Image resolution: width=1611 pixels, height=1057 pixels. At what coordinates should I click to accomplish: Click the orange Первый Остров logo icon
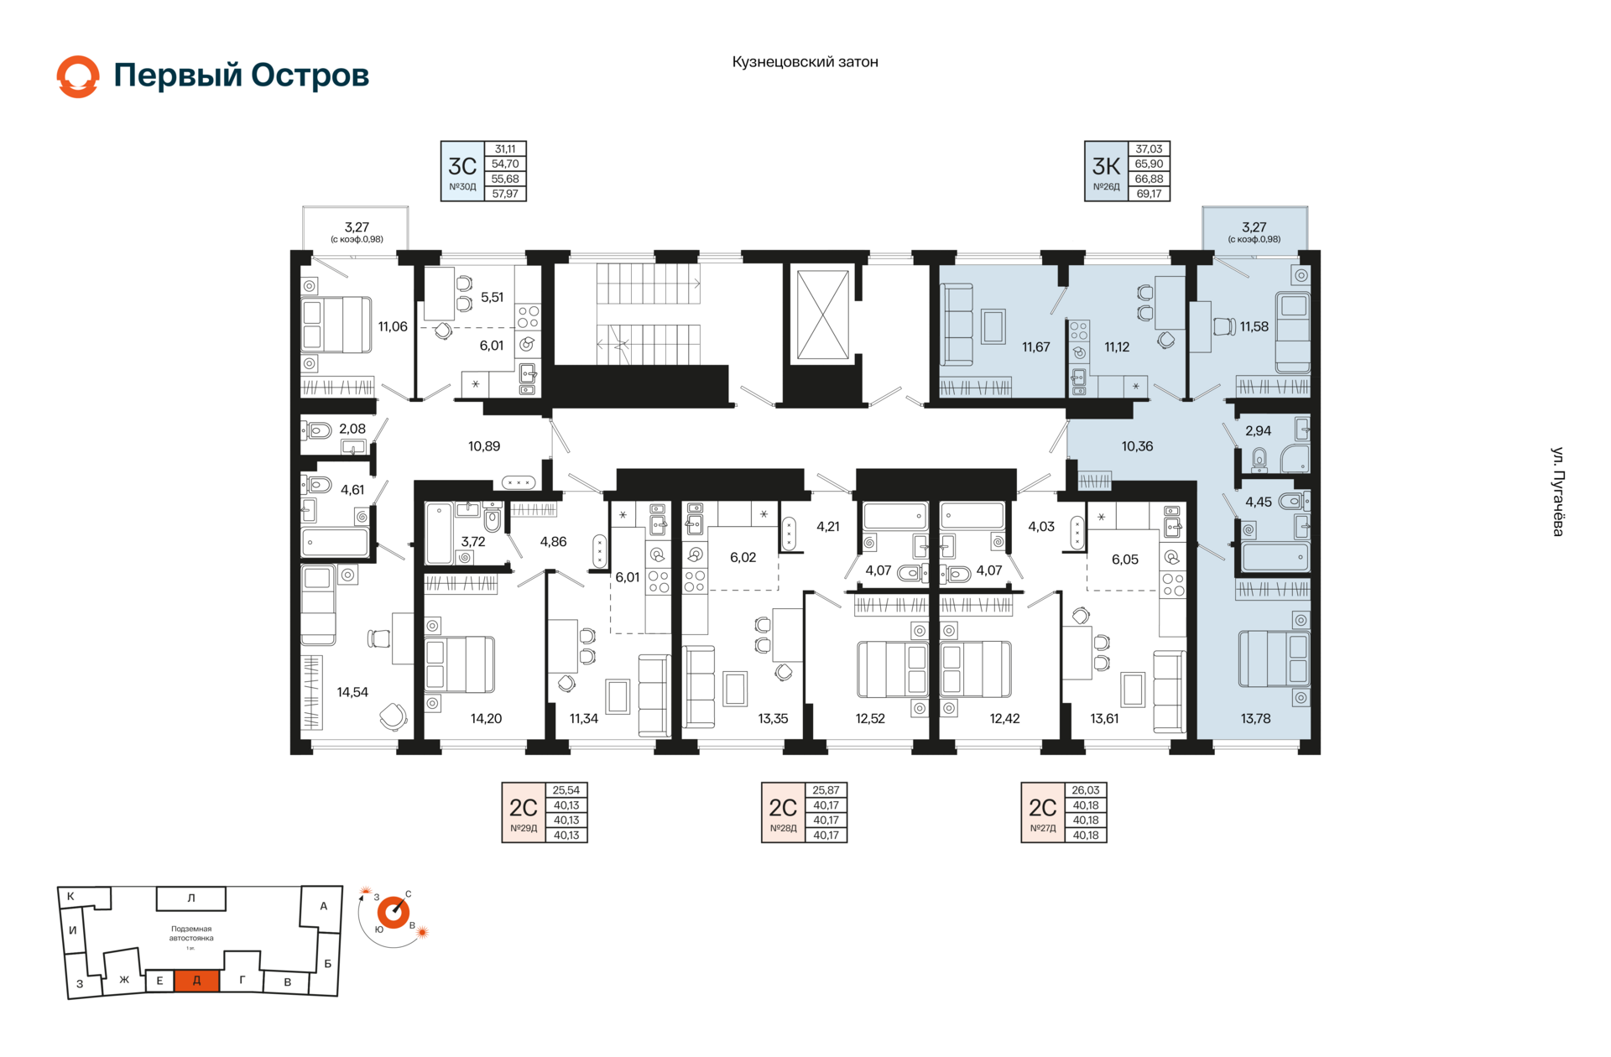pyautogui.click(x=78, y=76)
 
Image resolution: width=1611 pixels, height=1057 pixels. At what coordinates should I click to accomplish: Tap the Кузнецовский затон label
pyautogui.click(x=805, y=62)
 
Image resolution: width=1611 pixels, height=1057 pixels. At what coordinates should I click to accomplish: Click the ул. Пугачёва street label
pyautogui.click(x=1557, y=492)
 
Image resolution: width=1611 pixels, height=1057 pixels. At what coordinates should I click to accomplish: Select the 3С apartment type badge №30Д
pyautogui.click(x=462, y=171)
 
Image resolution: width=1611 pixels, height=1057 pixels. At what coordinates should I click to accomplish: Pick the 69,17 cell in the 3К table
pyautogui.click(x=1149, y=194)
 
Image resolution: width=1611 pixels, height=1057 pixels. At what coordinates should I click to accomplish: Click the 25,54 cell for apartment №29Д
pyautogui.click(x=566, y=790)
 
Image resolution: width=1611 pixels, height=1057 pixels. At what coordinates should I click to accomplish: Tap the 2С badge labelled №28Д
pyautogui.click(x=783, y=812)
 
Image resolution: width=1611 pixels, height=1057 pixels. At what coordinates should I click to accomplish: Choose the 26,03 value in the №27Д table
pyautogui.click(x=1086, y=790)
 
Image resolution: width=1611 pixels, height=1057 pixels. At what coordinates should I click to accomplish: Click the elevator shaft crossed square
pyautogui.click(x=822, y=315)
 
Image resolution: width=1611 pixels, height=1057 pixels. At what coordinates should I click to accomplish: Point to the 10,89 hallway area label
pyautogui.click(x=484, y=446)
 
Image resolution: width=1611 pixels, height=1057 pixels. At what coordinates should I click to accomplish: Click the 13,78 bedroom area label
pyautogui.click(x=1255, y=718)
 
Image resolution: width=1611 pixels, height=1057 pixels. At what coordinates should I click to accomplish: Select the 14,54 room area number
pyautogui.click(x=352, y=692)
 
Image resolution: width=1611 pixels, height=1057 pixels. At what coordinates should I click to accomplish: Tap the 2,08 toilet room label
pyautogui.click(x=352, y=429)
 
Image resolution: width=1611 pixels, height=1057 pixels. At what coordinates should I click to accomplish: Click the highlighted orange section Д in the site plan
pyautogui.click(x=196, y=980)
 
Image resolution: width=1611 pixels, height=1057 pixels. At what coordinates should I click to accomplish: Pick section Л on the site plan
pyautogui.click(x=191, y=898)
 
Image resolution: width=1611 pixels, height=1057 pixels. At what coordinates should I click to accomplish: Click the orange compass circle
pyautogui.click(x=393, y=912)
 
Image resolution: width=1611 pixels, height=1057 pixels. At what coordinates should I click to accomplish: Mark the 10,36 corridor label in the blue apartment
pyautogui.click(x=1137, y=446)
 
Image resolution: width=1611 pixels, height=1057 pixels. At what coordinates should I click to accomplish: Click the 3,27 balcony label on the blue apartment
pyautogui.click(x=1254, y=227)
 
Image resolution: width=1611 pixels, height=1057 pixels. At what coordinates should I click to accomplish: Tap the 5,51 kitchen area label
pyautogui.click(x=492, y=297)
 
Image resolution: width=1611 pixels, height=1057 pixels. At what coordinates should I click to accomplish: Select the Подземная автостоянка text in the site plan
pyautogui.click(x=191, y=934)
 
